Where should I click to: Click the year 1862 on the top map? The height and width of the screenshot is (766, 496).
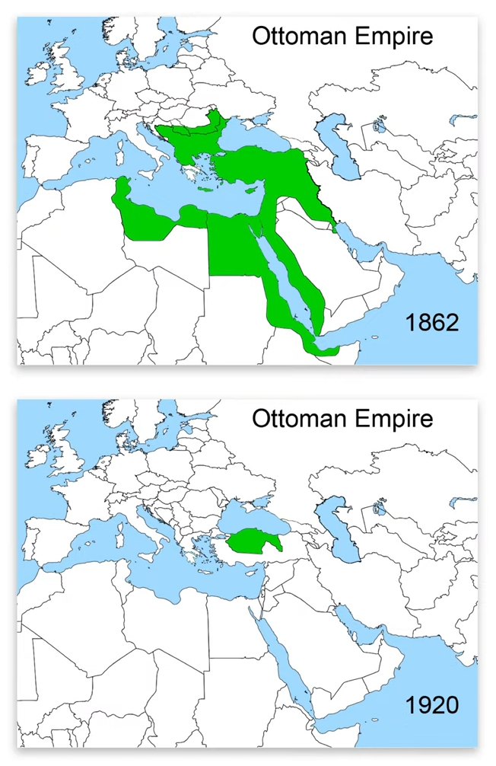click(x=432, y=322)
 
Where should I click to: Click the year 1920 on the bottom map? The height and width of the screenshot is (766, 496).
click(x=432, y=704)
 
